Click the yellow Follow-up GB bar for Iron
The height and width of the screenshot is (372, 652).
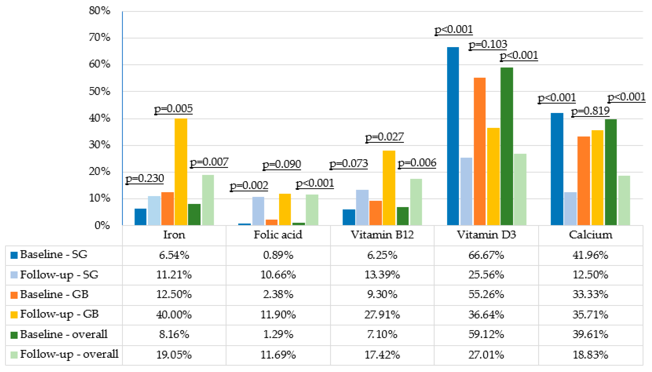(181, 172)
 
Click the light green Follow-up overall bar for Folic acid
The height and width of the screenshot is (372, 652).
(312, 210)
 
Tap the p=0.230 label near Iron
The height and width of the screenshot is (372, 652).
(145, 178)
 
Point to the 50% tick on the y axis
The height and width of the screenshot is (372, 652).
(100, 91)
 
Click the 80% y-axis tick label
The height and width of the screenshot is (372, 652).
(100, 11)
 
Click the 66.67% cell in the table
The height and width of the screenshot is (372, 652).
(486, 255)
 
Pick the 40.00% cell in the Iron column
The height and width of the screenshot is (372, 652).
(174, 314)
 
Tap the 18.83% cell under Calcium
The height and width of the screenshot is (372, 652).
(590, 355)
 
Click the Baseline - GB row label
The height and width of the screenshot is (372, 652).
(54, 294)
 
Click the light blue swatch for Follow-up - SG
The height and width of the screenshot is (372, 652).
(14, 275)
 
